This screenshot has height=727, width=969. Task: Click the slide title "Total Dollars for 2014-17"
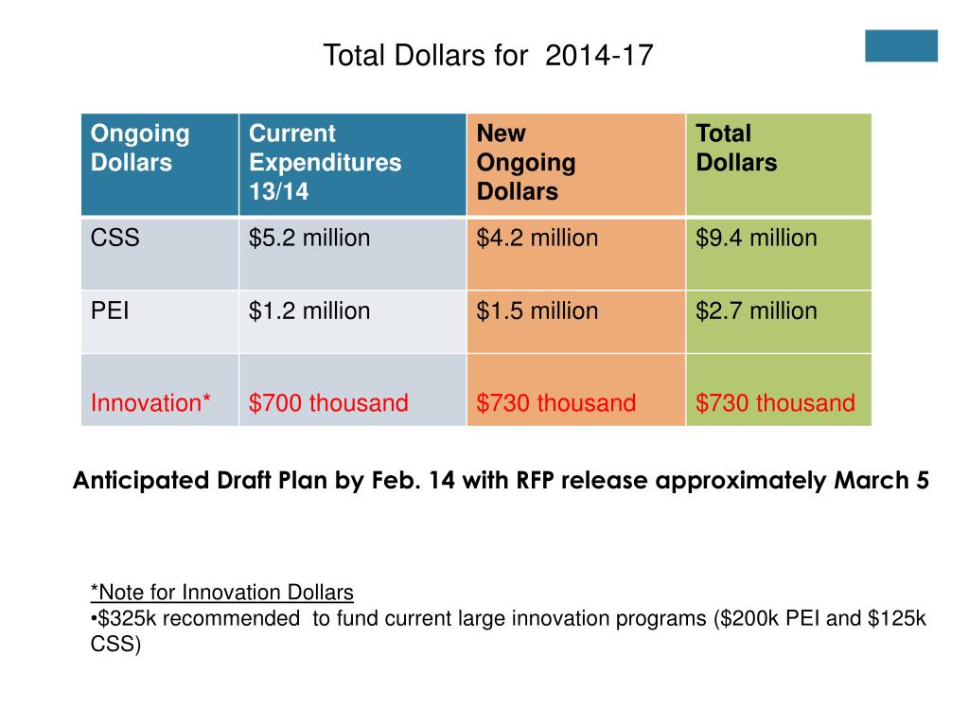[487, 56]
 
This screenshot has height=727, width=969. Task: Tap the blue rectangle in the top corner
[901, 45]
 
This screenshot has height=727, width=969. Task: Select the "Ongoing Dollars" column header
[140, 148]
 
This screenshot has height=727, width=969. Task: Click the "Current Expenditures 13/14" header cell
[325, 162]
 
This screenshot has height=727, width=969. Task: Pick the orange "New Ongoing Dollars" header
[525, 162]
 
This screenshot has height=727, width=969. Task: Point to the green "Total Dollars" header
[736, 148]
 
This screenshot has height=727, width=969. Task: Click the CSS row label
[115, 238]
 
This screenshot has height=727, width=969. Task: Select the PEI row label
[112, 310]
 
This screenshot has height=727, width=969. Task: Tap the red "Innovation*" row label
[150, 403]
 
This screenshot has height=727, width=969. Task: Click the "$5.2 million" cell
[309, 238]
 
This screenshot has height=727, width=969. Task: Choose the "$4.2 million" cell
[537, 238]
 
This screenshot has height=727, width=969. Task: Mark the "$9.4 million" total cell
[756, 238]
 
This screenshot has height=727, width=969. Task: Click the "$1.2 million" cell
[309, 310]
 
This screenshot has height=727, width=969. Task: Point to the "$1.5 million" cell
[537, 310]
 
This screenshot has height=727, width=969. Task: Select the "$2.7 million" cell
[756, 310]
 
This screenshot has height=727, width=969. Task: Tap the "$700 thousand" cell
[328, 403]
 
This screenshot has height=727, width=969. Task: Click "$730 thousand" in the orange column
[556, 403]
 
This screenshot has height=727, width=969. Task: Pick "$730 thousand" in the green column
[775, 403]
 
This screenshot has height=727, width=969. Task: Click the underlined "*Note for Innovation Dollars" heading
[222, 593]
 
